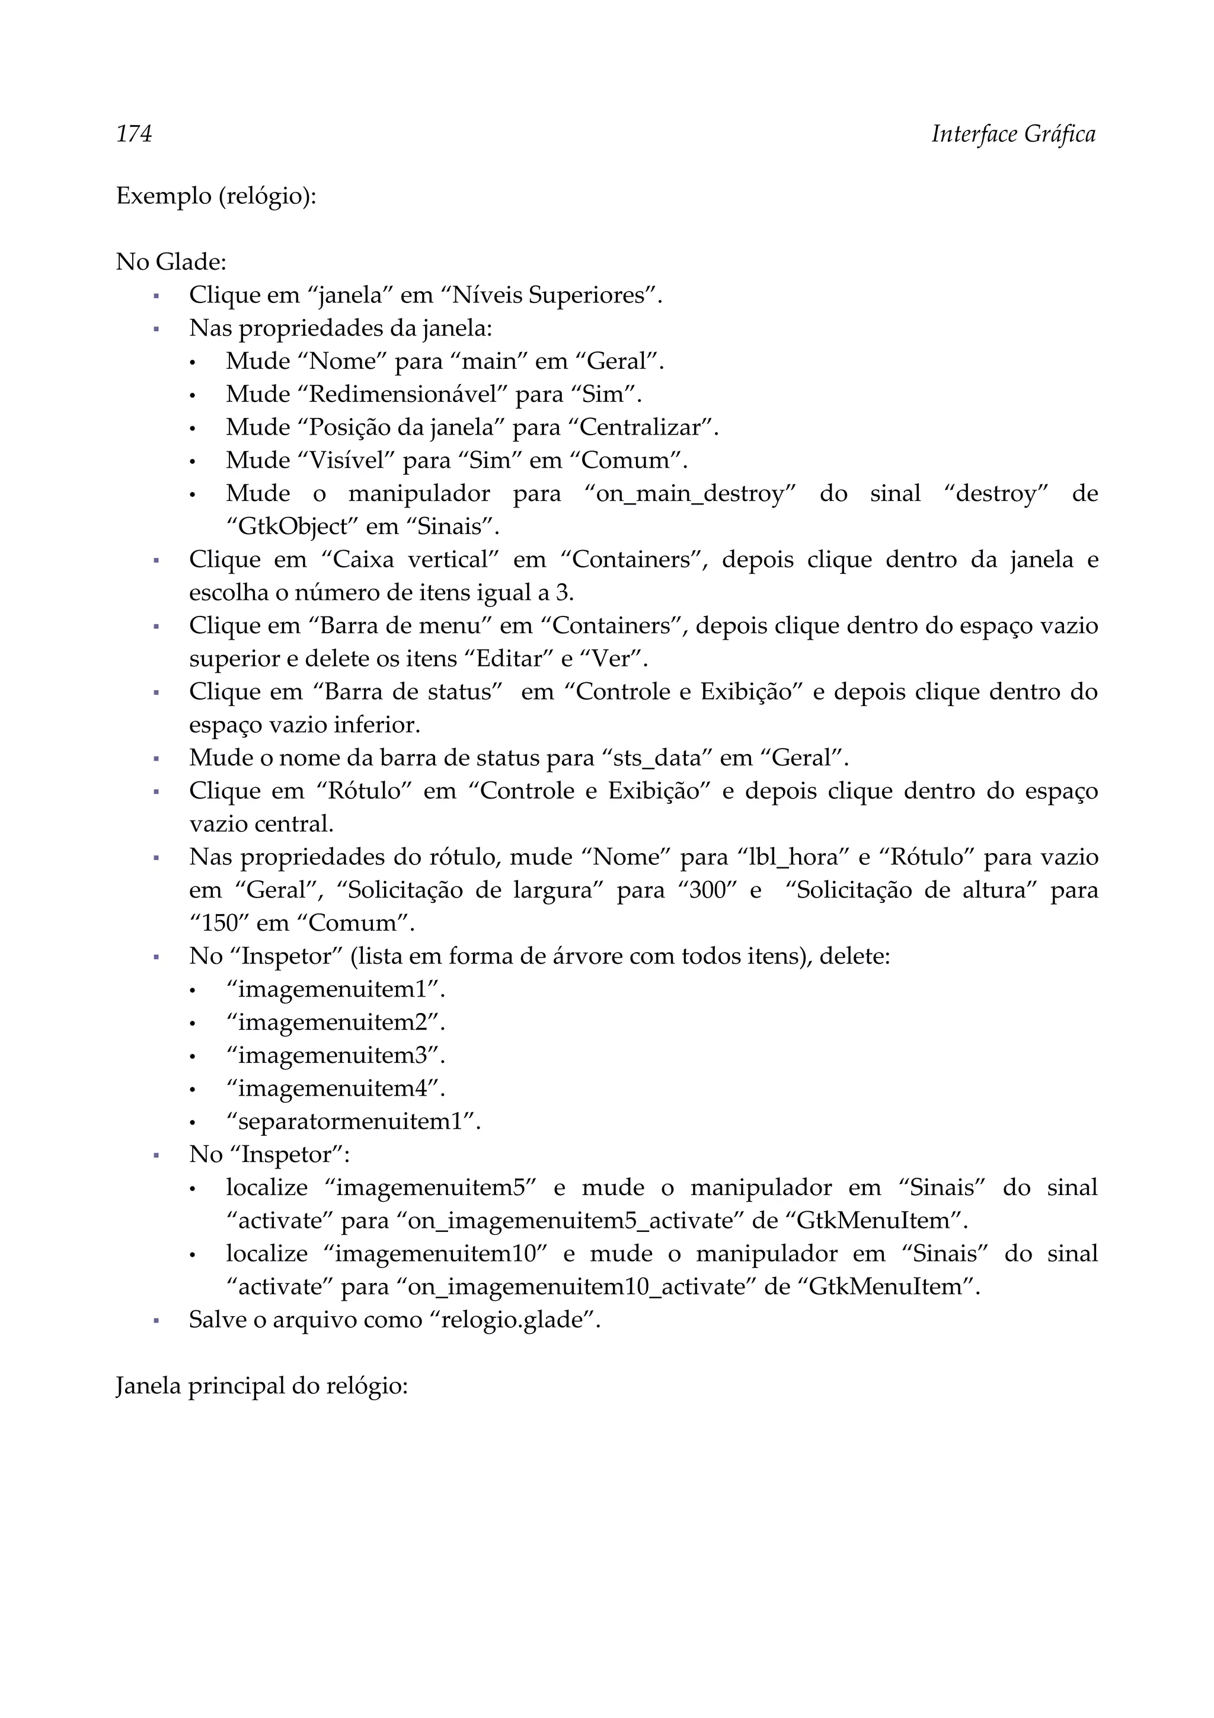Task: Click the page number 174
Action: click(x=134, y=134)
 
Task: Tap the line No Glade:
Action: click(x=171, y=262)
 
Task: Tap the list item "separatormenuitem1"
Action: click(x=352, y=1121)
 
